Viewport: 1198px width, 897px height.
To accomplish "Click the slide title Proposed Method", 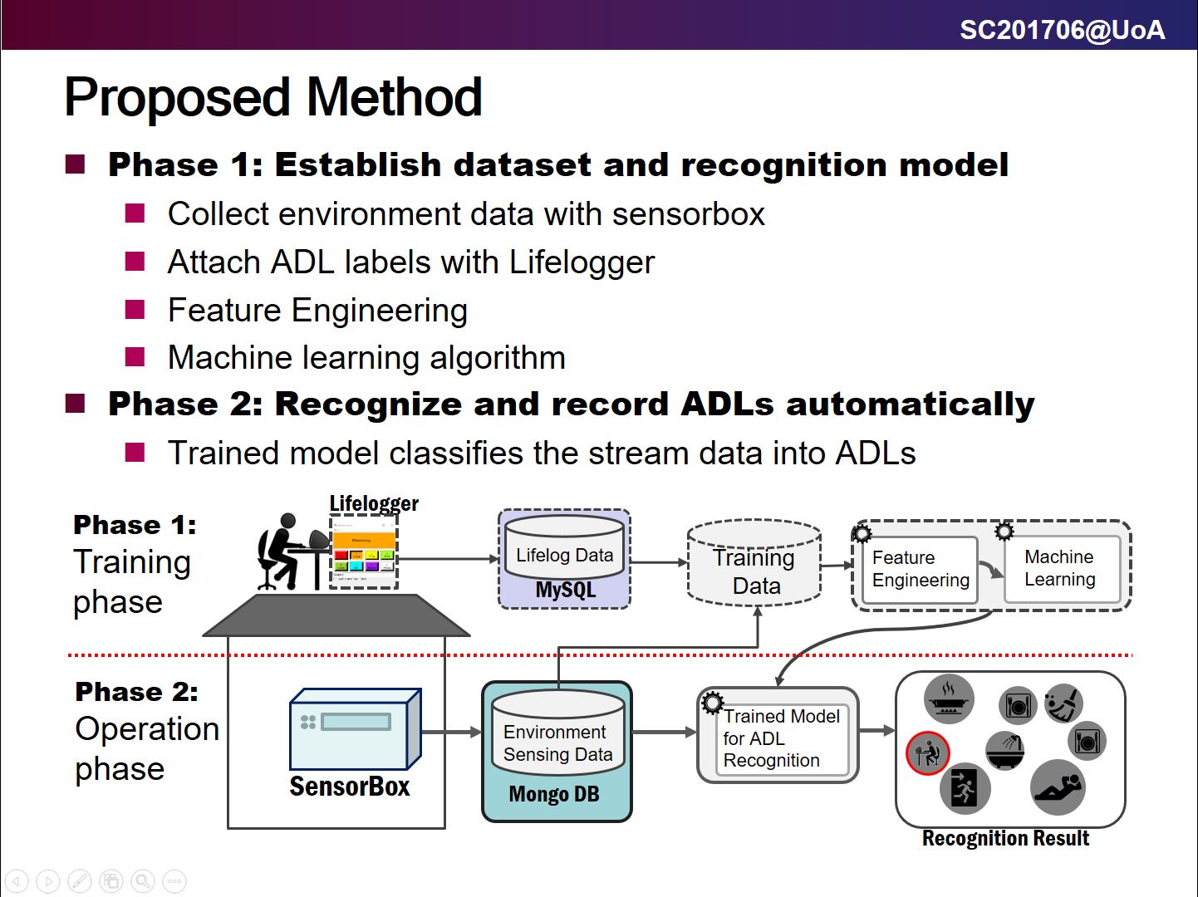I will (272, 97).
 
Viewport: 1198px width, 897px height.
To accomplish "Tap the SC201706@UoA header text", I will (1062, 30).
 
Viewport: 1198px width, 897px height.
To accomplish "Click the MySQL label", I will (565, 591).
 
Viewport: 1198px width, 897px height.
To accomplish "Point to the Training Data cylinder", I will (754, 566).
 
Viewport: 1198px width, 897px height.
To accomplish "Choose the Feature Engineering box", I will (920, 569).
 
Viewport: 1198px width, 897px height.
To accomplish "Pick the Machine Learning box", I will (1061, 568).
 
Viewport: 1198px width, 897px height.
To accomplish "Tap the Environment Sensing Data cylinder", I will (557, 735).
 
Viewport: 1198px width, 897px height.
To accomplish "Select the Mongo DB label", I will (554, 795).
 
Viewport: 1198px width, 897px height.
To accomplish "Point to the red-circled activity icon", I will (927, 753).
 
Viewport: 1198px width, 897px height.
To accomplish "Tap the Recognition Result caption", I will (1005, 839).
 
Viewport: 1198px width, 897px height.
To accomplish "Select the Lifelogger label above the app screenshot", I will (374, 503).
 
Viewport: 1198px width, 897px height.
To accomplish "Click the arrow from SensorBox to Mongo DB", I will (451, 732).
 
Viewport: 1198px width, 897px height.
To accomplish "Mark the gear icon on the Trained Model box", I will (712, 703).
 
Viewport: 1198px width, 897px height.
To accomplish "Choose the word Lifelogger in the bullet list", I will (582, 262).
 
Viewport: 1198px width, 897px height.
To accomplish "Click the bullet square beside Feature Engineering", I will (135, 310).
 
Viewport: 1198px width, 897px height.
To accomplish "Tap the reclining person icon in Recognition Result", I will (1058, 787).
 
